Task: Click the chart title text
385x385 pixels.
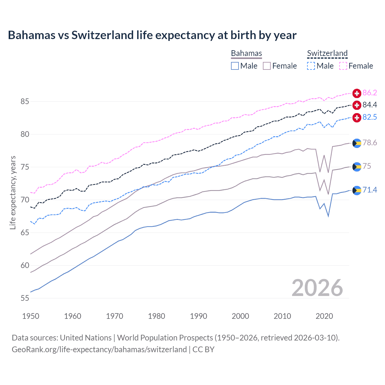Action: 152,35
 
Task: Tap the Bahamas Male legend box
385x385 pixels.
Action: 235,66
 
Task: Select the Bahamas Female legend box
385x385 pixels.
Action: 267,66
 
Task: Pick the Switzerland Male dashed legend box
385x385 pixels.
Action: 311,66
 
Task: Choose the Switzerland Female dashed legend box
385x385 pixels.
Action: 343,66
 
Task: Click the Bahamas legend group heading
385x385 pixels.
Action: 246,54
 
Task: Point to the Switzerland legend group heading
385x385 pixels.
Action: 327,54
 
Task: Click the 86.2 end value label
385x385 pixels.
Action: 370,93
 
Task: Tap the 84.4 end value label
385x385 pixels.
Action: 370,105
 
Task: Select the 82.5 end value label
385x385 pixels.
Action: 370,117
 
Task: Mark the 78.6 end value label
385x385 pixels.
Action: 370,143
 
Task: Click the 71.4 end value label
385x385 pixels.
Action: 370,190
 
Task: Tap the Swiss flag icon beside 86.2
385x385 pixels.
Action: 357,93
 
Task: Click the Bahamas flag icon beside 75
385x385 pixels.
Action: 357,167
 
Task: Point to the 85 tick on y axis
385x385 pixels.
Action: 25,102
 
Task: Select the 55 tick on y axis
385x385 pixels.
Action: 25,298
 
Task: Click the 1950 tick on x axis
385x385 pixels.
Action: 31,316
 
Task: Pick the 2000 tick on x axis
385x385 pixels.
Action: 240,316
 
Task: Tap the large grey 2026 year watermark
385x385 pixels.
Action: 317,288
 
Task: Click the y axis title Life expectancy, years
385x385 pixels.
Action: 13,192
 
